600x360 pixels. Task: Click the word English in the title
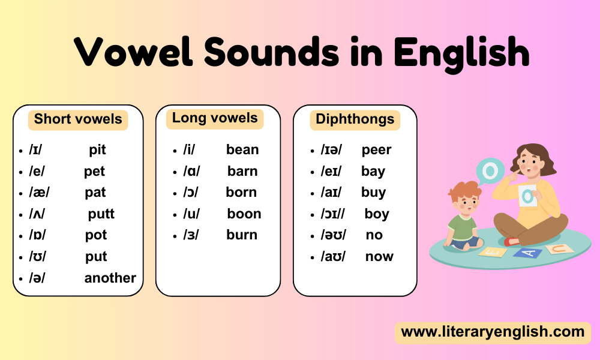461,53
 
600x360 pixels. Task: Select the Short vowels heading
78,119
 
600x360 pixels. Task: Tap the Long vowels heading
215,118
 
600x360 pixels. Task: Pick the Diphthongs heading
355,119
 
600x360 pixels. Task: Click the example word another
110,278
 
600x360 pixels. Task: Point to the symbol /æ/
39,192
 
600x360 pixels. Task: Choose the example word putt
101,214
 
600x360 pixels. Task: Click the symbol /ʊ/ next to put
37,256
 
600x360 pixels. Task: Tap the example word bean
242,149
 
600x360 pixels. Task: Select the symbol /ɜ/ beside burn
191,235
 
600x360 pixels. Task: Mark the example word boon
244,214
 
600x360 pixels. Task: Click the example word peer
377,149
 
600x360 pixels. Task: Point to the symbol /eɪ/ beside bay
331,171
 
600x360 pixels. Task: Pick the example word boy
377,214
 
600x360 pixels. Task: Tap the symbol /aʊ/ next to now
333,256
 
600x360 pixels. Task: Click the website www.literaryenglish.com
493,332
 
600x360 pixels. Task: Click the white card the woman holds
528,196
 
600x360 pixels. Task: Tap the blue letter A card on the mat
527,253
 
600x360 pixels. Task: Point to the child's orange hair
464,190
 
